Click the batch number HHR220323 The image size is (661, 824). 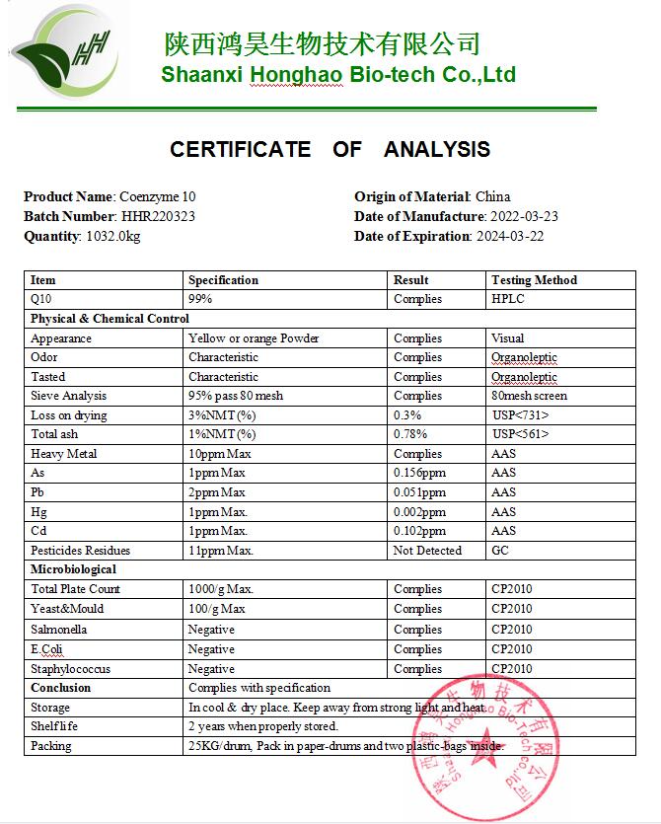(158, 216)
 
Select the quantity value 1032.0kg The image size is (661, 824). (112, 236)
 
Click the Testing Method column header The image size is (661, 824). (534, 280)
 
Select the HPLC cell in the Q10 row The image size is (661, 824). (508, 298)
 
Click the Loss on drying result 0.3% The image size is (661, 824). (406, 415)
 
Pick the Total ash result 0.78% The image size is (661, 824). (409, 434)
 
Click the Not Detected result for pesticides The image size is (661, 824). (427, 551)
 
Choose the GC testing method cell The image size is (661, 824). (500, 551)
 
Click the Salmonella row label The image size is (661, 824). (59, 630)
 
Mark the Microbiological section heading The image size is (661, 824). (73, 569)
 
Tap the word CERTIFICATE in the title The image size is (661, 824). (240, 149)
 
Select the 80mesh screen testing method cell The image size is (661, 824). (529, 396)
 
